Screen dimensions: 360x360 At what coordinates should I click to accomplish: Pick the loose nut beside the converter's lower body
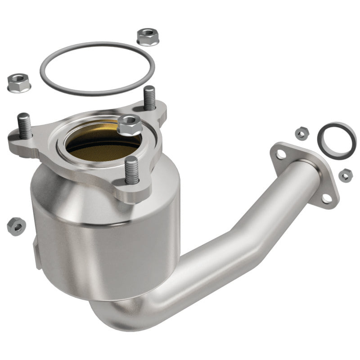point(16,225)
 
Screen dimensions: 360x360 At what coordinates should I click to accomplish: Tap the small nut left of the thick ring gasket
point(300,133)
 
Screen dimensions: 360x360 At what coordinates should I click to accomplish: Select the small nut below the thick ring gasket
point(345,175)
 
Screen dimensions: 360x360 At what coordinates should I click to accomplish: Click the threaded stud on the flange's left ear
point(24,127)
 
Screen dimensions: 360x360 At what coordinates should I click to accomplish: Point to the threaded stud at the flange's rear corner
point(149,98)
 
